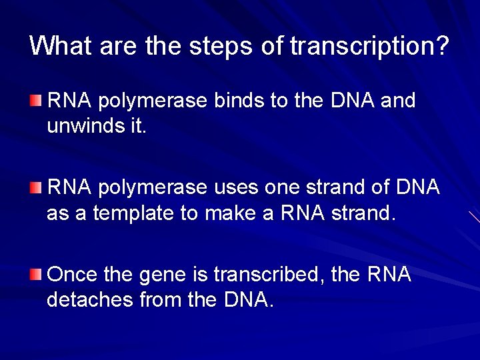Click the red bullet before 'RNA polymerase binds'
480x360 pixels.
(36, 101)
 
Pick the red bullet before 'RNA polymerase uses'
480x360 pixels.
(36, 187)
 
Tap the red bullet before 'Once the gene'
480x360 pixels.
(36, 274)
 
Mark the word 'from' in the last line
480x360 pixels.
(157, 299)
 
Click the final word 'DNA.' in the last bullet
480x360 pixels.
(246, 299)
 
